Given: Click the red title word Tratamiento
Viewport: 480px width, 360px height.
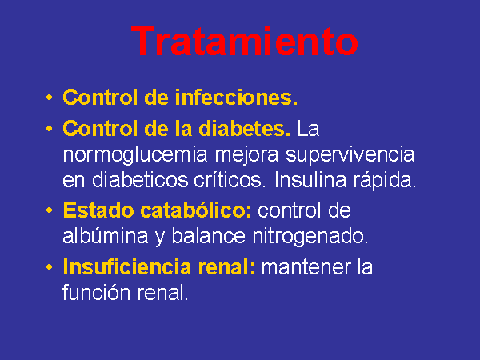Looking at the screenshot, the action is (x=245, y=42).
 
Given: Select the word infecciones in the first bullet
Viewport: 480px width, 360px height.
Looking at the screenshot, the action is (x=236, y=98).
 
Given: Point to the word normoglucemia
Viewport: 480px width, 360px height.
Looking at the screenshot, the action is (x=135, y=155).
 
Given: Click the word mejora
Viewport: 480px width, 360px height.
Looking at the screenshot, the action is (x=246, y=155).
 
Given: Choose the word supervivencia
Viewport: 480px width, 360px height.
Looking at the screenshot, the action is (x=350, y=155).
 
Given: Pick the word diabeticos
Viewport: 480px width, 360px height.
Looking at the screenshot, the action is (x=140, y=180).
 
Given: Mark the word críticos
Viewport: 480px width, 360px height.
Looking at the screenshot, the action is (x=228, y=180).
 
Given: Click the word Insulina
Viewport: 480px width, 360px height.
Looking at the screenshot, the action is (x=310, y=180).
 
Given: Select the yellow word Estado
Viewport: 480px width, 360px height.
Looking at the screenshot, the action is (x=98, y=210).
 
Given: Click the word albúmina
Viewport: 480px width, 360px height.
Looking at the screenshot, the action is (x=106, y=236).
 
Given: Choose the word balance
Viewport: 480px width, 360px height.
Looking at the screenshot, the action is (x=209, y=236).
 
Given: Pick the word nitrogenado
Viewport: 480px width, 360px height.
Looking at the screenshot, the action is (x=310, y=237).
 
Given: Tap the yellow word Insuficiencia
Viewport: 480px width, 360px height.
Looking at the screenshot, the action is (x=127, y=266).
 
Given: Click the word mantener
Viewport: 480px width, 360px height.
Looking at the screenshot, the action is (x=306, y=267).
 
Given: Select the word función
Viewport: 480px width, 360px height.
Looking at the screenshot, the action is (x=97, y=292).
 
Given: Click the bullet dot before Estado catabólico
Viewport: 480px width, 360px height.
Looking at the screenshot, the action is (x=49, y=210).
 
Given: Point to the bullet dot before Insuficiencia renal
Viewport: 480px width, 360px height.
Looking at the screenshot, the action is (x=49, y=267).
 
